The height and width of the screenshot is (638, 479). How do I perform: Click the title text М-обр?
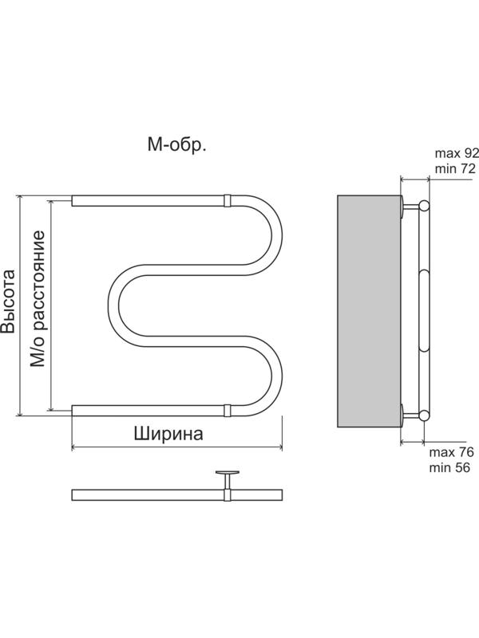(176, 144)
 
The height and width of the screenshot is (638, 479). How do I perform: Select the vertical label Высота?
(9, 302)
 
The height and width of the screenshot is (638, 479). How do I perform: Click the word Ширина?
(168, 435)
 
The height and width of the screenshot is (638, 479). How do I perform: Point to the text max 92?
(455, 152)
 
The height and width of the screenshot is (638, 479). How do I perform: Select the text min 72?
(454, 168)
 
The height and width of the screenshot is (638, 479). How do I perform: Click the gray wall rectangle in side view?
(368, 310)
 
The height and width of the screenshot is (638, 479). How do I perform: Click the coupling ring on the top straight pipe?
(228, 200)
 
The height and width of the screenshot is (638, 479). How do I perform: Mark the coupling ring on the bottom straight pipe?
(228, 411)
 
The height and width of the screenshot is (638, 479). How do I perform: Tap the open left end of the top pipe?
(74, 200)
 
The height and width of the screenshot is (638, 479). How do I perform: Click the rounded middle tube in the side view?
(424, 310)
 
